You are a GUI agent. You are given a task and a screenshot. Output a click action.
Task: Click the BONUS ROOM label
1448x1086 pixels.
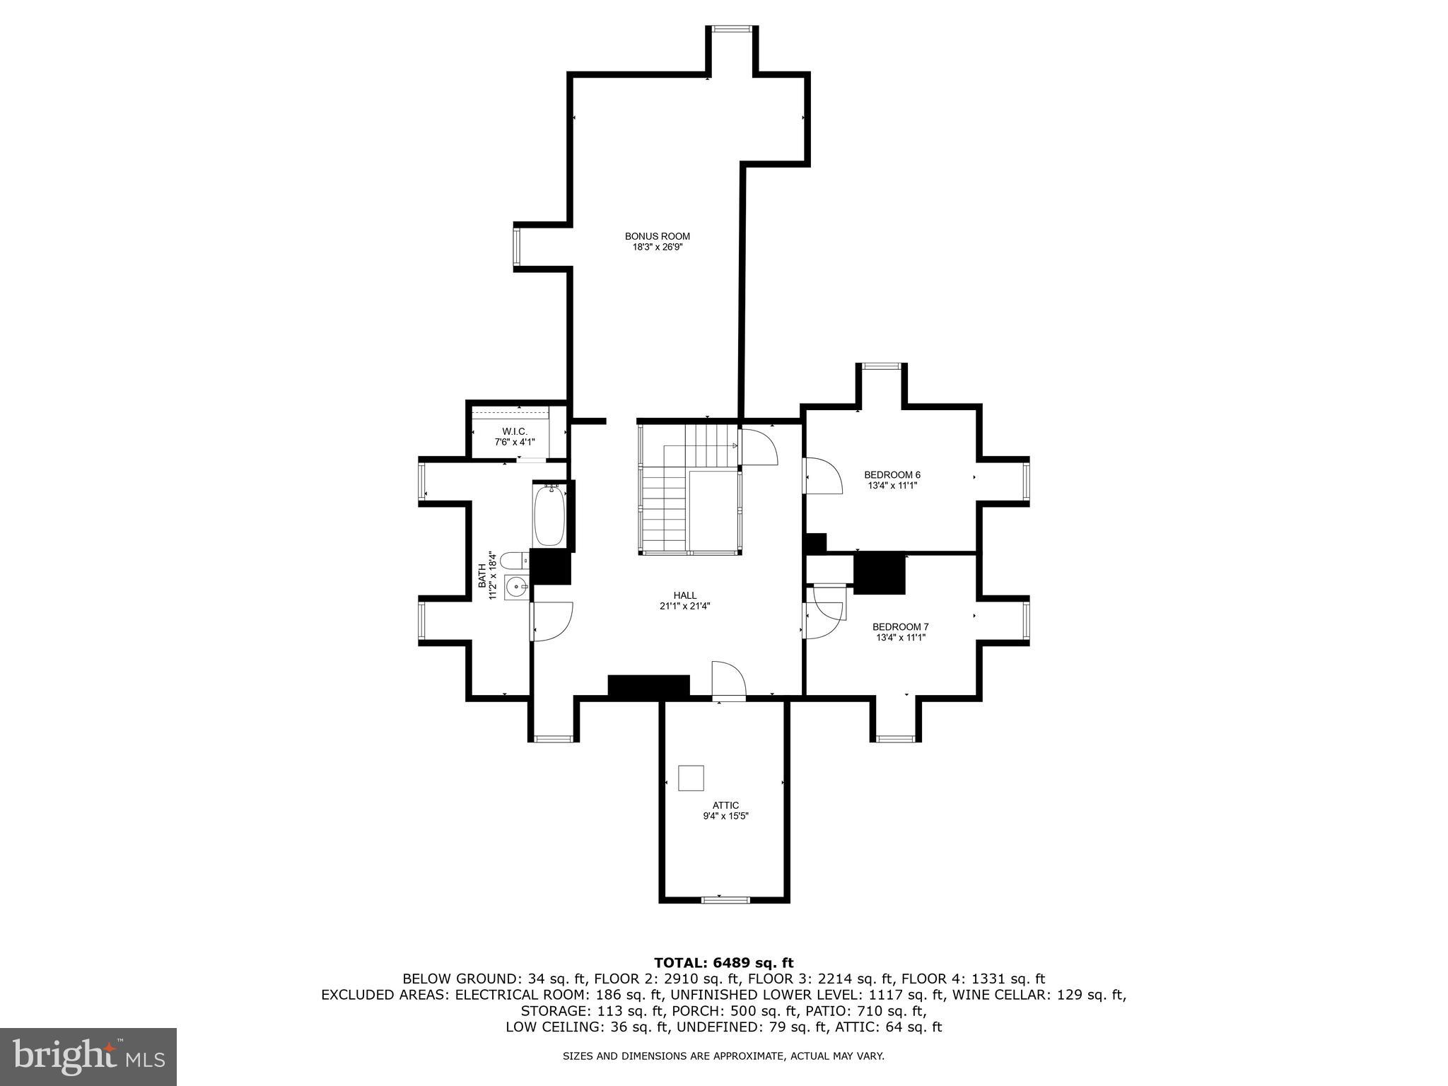pyautogui.click(x=657, y=236)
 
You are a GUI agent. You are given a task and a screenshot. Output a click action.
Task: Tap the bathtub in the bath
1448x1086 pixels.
pyautogui.click(x=549, y=515)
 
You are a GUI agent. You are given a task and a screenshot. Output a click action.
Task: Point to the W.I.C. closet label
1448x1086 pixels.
pyautogui.click(x=515, y=431)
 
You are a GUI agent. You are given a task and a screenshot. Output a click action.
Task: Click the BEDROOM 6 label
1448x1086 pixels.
pyautogui.click(x=892, y=474)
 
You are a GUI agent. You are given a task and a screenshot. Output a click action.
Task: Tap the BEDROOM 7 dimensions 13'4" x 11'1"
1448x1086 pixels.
pyautogui.click(x=901, y=637)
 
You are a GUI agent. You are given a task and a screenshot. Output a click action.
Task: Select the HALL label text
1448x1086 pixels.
pyautogui.click(x=684, y=595)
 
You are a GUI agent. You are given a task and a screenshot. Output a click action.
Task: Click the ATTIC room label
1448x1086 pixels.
pyautogui.click(x=725, y=805)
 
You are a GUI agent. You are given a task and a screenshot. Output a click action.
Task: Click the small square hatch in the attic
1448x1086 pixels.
pyautogui.click(x=691, y=778)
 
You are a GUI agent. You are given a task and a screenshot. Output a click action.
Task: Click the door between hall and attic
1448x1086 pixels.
pyautogui.click(x=729, y=680)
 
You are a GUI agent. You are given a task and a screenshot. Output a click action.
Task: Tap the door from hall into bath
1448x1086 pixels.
pyautogui.click(x=551, y=621)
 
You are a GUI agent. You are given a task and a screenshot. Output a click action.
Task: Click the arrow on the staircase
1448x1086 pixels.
pyautogui.click(x=734, y=445)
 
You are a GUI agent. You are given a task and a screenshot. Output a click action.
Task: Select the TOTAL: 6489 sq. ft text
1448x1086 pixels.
pyautogui.click(x=723, y=963)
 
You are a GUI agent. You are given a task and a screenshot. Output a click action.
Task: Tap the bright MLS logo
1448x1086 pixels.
pyautogui.click(x=88, y=1056)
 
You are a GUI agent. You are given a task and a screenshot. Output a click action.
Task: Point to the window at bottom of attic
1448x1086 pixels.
pyautogui.click(x=724, y=899)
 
